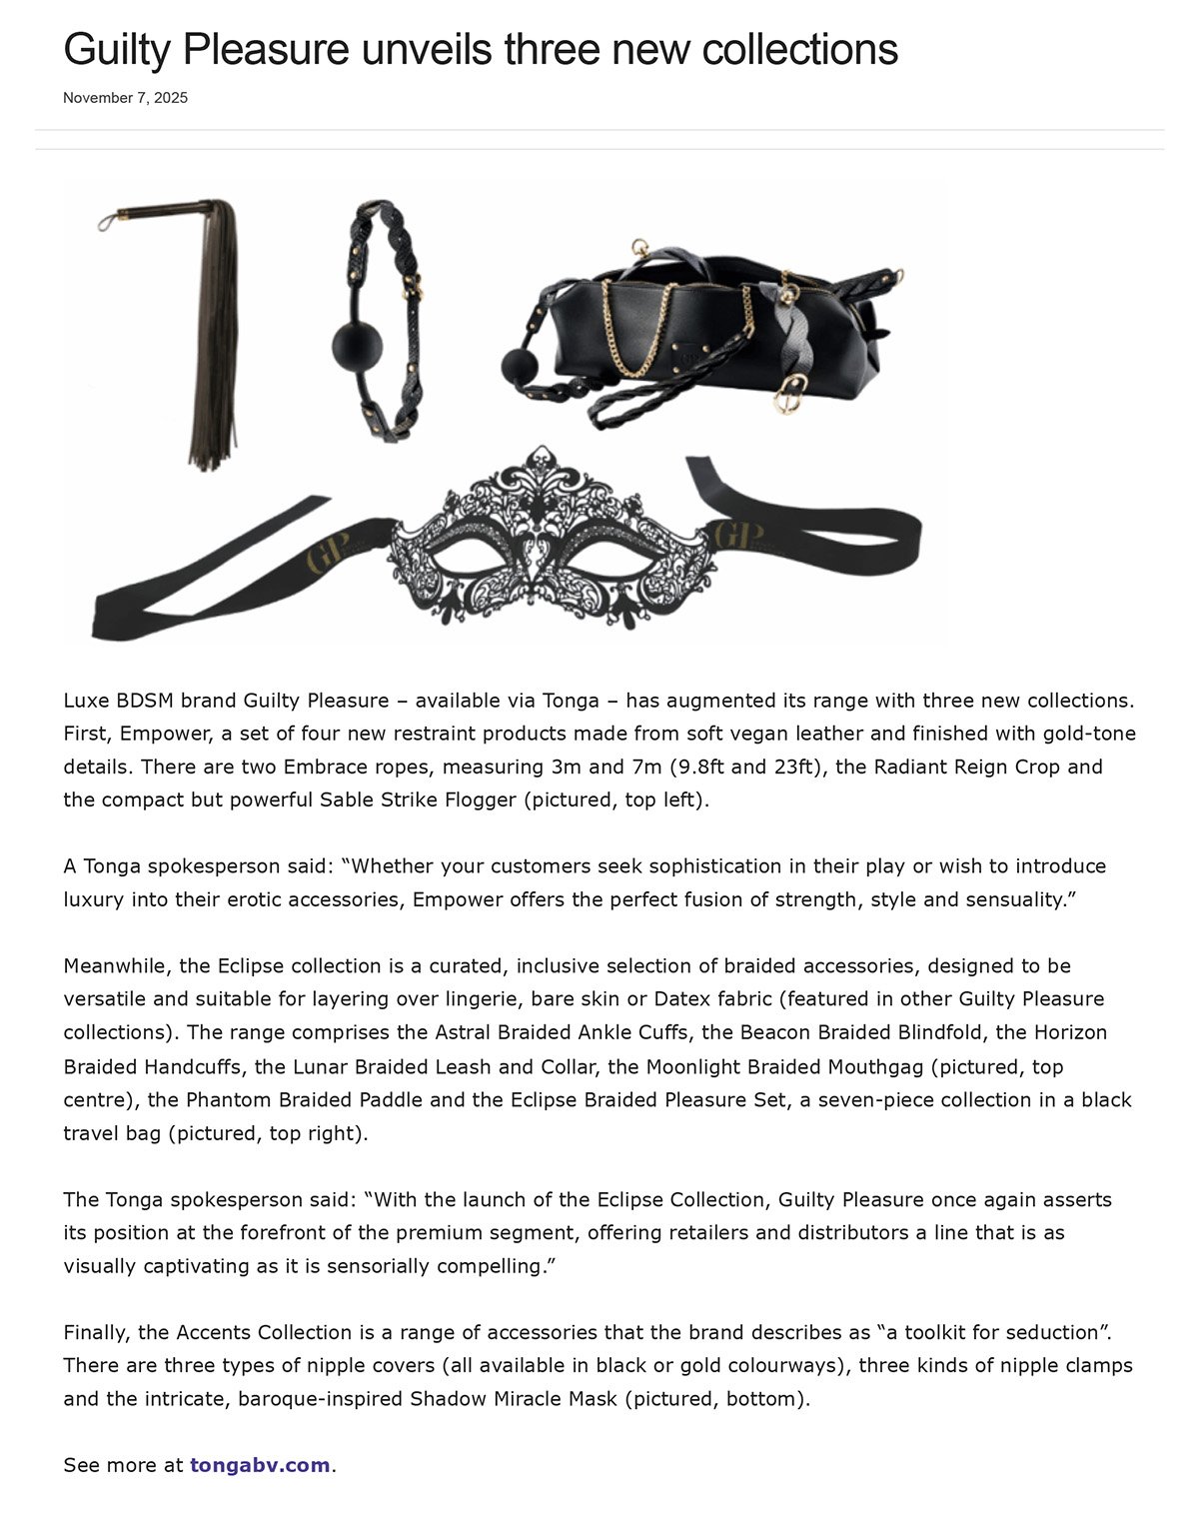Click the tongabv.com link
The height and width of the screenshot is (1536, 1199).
[x=260, y=1465]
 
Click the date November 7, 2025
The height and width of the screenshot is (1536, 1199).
[x=125, y=98]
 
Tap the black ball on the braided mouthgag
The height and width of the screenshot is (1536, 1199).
[x=357, y=345]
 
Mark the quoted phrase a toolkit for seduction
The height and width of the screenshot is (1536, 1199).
[x=993, y=1332]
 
